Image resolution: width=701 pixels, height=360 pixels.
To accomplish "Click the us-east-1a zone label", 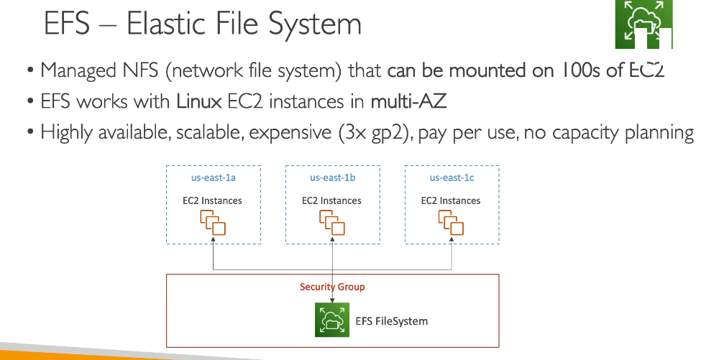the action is tap(214, 177).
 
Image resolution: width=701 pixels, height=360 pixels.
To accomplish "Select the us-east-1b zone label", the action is tap(333, 177).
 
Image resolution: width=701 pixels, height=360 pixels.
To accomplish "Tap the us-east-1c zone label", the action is tap(452, 177).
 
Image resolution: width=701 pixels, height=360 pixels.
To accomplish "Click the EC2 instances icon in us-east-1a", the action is tap(213, 223).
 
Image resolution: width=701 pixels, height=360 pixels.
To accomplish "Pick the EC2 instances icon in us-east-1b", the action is tap(332, 223).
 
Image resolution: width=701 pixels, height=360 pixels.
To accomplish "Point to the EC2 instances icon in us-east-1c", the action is tap(451, 223).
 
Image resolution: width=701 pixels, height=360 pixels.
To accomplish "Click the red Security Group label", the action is tap(332, 287).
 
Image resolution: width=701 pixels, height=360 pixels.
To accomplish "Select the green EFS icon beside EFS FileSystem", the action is tap(332, 320).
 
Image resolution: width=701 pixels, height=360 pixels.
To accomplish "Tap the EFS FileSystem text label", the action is tap(392, 321).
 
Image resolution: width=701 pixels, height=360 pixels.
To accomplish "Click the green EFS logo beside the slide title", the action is tap(643, 24).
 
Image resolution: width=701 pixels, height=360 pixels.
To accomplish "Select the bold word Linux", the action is tap(199, 101).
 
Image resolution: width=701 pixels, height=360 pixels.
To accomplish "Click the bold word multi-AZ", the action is tap(408, 101).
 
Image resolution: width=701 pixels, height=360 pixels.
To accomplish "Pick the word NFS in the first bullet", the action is tap(139, 70).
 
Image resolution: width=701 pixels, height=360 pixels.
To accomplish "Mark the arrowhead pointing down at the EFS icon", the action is tap(332, 300).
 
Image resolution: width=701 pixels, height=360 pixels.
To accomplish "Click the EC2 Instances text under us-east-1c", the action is tap(451, 200).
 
